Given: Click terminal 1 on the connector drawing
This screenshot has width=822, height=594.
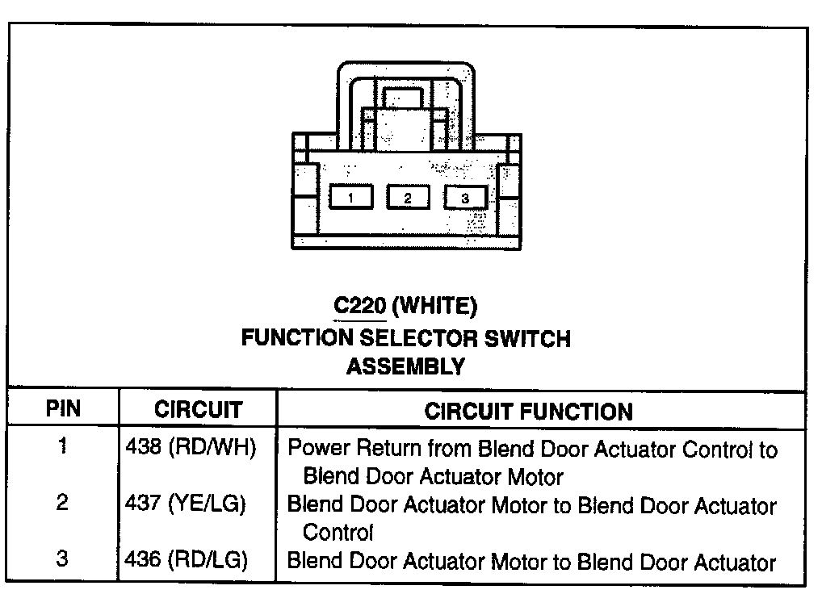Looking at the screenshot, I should pos(350,197).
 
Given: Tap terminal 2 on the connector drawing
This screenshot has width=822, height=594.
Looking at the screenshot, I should pos(407,197).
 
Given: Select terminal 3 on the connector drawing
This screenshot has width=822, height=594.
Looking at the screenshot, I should pos(464,197).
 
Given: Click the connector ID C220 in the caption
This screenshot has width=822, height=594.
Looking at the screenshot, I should pos(359,306).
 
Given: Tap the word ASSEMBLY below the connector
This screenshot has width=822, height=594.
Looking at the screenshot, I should pos(405,366).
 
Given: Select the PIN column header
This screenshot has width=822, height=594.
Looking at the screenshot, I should pos(62,409).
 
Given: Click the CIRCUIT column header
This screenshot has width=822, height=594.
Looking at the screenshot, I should pos(197,410).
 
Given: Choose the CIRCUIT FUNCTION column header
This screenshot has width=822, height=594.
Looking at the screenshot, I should pos(528,412).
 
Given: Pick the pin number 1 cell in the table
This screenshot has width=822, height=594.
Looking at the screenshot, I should pos(62,446).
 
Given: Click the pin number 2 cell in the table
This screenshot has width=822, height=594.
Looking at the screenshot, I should pos(62,504).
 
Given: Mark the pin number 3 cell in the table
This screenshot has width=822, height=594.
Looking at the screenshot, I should pos(62,560).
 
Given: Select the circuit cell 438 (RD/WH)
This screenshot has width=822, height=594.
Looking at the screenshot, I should pos(191,449).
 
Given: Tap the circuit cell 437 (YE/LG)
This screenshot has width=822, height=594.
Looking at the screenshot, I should pos(187,505).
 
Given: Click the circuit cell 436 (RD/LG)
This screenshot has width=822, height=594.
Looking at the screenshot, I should pos(187,562).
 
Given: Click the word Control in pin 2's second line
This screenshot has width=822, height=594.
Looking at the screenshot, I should pos(338,533).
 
